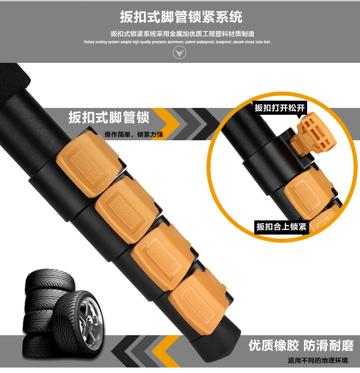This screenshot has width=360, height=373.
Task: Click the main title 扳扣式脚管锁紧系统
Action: pos(181,17)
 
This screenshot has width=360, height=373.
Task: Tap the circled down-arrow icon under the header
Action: pos(179,52)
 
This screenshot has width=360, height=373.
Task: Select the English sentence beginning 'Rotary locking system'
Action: pos(178,42)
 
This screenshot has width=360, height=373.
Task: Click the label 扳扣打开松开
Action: pos(279,108)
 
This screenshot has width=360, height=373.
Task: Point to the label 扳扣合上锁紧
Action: pos(282,227)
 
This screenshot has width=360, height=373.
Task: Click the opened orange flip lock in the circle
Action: pos(312,136)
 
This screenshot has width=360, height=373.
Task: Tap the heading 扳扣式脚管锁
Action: pos(109,118)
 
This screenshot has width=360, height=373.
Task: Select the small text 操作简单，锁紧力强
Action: pos(134,134)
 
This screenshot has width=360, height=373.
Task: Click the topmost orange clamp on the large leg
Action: pos(88,164)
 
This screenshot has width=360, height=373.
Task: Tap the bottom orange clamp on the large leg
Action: pos(198,301)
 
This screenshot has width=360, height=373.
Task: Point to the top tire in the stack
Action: pos(50,280)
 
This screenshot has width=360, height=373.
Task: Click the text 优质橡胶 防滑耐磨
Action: pos(301,345)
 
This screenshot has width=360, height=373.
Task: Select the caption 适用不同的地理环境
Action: pos(318,360)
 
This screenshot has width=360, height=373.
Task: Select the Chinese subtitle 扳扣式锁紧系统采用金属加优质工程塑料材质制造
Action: pos(182,34)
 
